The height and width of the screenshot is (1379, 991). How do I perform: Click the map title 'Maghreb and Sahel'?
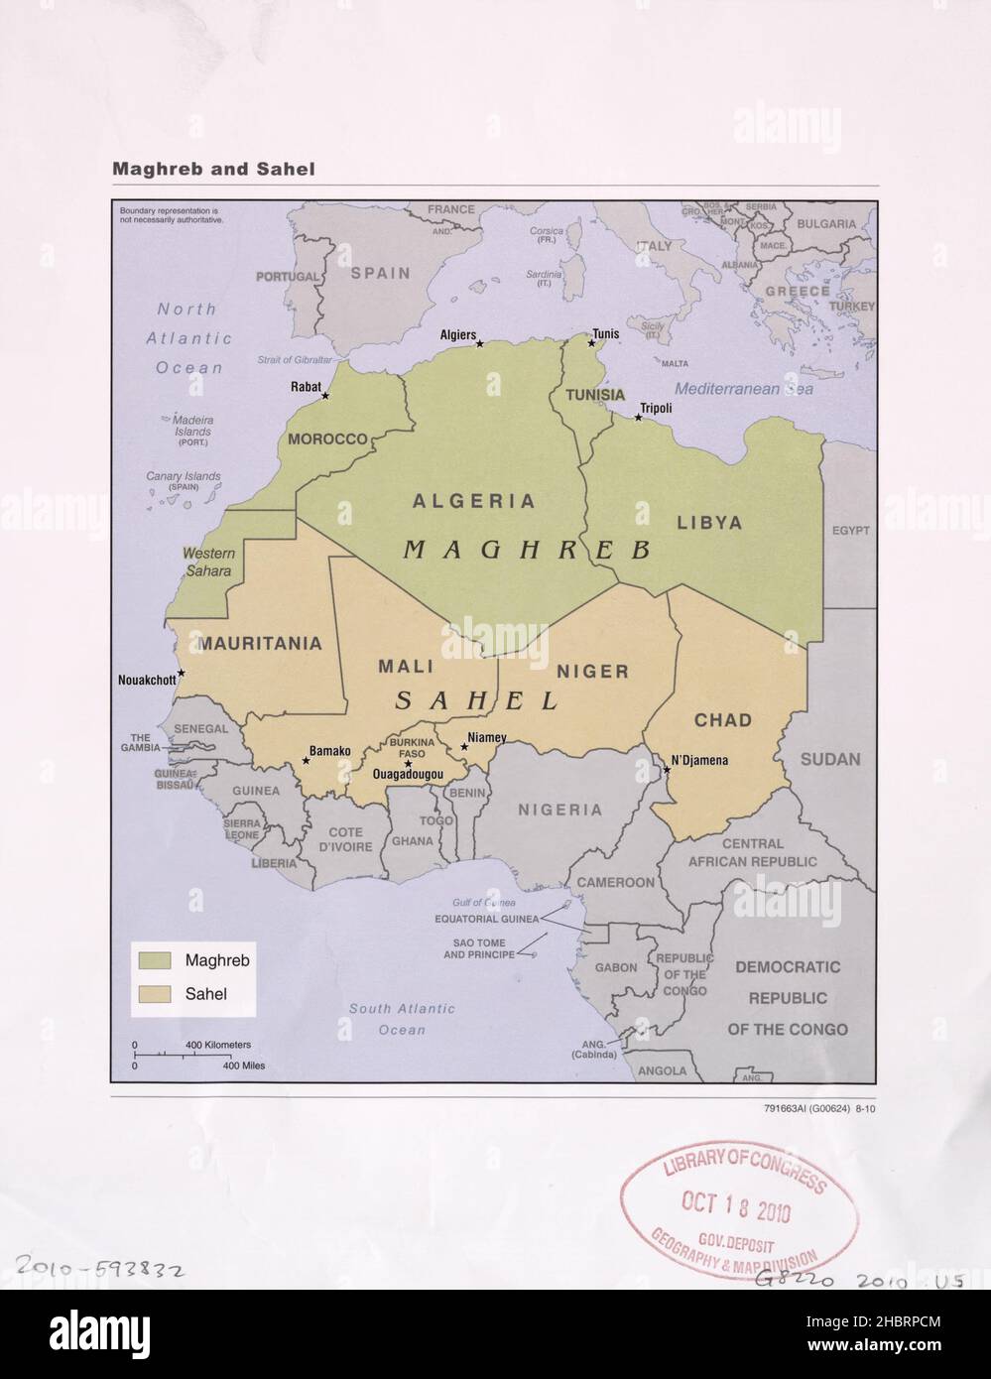(213, 170)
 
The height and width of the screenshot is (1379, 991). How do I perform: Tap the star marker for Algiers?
(480, 344)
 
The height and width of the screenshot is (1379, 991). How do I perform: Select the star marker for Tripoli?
(638, 418)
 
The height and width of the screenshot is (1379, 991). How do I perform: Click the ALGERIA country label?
(474, 502)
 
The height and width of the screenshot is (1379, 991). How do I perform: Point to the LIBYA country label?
(709, 522)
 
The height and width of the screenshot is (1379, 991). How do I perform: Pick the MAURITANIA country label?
(260, 643)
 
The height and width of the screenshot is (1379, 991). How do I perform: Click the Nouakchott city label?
(147, 680)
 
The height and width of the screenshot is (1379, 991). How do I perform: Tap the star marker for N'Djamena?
(667, 769)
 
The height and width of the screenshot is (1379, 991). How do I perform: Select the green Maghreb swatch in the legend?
(156, 960)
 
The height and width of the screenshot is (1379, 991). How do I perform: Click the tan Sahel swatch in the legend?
(156, 993)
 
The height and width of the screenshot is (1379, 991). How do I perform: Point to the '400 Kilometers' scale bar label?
(218, 1045)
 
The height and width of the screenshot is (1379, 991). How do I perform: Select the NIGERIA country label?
(559, 810)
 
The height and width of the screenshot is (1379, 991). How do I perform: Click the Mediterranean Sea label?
(744, 389)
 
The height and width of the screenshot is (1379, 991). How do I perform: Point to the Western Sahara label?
(208, 562)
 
